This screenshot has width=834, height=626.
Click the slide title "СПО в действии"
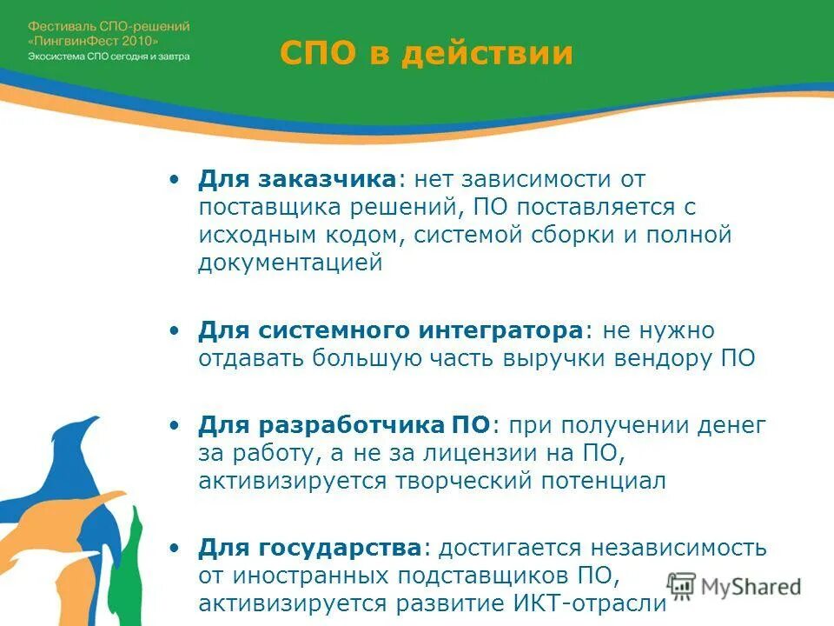coord(427,53)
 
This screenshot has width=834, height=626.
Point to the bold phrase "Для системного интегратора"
coord(390,331)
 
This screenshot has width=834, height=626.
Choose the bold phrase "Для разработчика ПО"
coord(344,425)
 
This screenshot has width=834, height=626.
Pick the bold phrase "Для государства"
coord(309,548)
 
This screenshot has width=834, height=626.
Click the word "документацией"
coord(290,263)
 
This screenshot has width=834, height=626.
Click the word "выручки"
coord(552,359)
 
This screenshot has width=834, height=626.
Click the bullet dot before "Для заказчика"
coord(176,180)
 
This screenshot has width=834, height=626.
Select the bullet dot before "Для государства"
coord(176,549)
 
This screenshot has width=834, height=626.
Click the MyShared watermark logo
coord(734,586)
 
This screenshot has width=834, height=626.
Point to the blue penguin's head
coord(83,435)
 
